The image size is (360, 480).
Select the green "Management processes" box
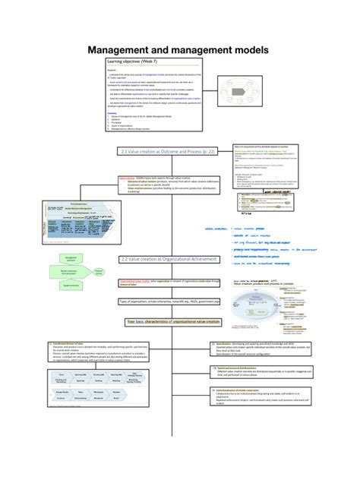[71, 258]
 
